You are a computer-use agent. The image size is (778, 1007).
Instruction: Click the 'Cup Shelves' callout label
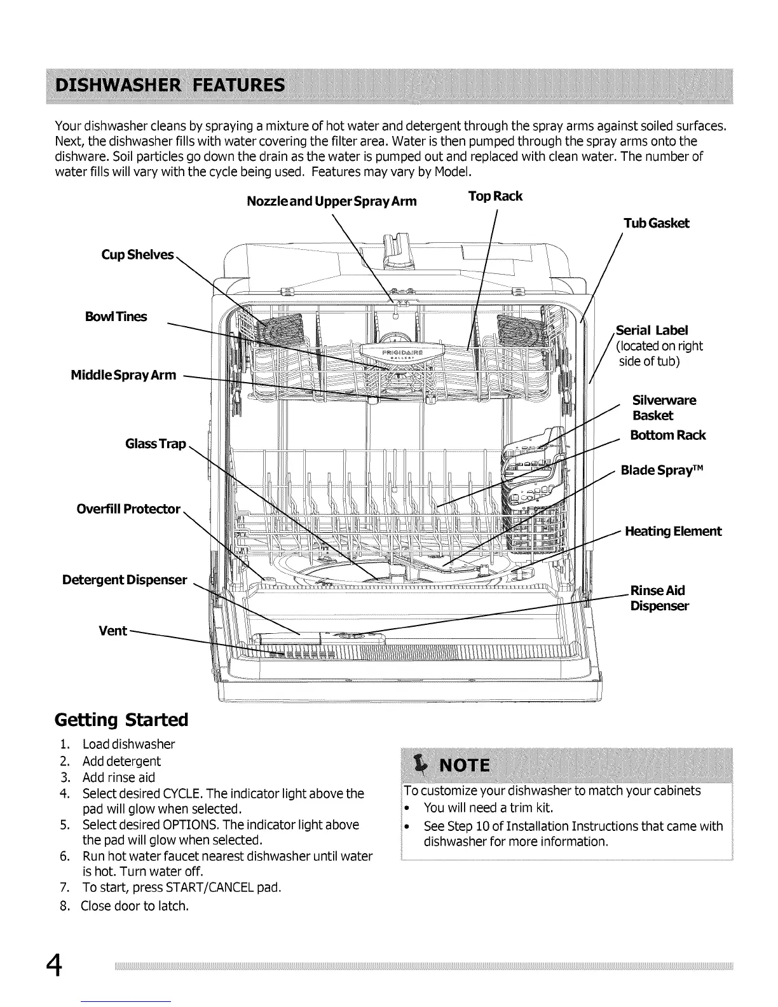pyautogui.click(x=137, y=255)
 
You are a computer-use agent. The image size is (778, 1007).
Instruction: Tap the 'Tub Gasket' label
pyautogui.click(x=656, y=223)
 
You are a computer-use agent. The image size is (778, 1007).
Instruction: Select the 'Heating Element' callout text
pyautogui.click(x=673, y=531)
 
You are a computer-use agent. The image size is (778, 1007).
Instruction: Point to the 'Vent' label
pyautogui.click(x=113, y=631)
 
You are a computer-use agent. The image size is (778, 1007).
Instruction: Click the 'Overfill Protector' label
pyautogui.click(x=128, y=509)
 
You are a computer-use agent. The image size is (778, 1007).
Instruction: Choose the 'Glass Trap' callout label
pyautogui.click(x=156, y=444)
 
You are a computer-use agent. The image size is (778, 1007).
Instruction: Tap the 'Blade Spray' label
pyautogui.click(x=662, y=470)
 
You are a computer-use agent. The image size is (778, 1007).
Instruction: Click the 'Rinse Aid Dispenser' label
pyautogui.click(x=659, y=598)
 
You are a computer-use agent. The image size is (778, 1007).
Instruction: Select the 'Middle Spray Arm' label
pyautogui.click(x=123, y=375)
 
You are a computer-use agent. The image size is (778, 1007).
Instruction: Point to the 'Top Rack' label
pyautogui.click(x=495, y=196)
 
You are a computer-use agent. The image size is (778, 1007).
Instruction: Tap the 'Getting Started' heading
pyautogui.click(x=121, y=720)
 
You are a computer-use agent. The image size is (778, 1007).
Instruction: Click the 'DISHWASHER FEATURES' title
pyautogui.click(x=170, y=86)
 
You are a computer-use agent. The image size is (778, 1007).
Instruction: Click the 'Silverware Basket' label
pyautogui.click(x=664, y=408)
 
